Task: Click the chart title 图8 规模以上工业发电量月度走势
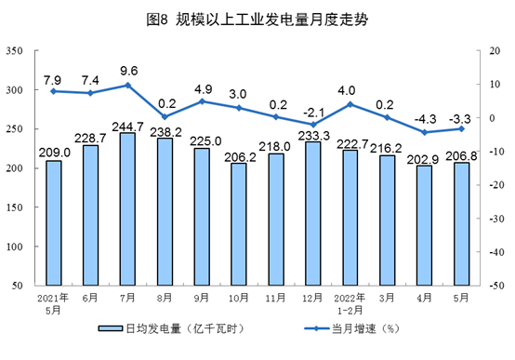(x=257, y=19)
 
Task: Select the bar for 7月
(x=127, y=209)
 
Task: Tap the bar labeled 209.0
(x=53, y=223)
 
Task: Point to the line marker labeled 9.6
(x=127, y=85)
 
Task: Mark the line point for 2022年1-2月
(x=350, y=103)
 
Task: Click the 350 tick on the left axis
(x=15, y=51)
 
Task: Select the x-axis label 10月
(x=239, y=299)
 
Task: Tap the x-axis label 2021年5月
(x=53, y=303)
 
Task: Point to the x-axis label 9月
(x=202, y=299)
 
